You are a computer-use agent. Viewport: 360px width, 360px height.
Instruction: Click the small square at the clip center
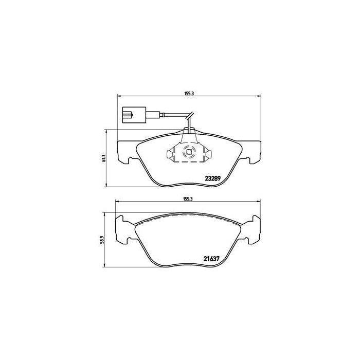point(187,152)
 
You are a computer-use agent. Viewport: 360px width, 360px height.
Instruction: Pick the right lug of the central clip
point(210,153)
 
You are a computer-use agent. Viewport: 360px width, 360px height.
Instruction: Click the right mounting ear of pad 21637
point(252,228)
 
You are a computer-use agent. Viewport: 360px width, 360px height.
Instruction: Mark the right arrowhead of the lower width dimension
point(256,202)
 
